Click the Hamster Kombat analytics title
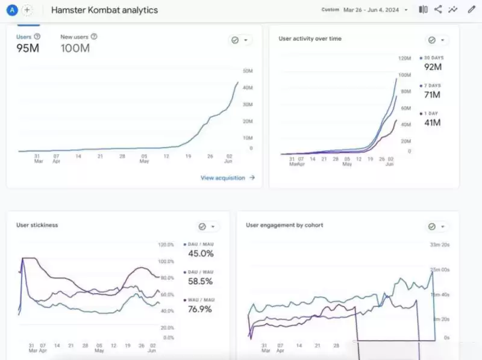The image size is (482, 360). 104,10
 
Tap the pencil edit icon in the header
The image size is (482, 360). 471,10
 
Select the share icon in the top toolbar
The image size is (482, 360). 438,10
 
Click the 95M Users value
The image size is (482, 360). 28,48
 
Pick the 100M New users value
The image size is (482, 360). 75,48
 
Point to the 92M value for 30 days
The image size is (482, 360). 433,67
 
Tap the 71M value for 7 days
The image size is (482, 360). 432,95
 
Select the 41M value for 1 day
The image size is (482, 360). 432,123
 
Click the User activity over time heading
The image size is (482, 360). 310,39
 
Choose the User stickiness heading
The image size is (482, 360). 37,225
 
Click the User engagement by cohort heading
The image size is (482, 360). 284,225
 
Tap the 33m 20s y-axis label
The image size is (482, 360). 439,244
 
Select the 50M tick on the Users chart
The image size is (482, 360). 247,72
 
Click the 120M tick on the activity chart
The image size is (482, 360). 405,58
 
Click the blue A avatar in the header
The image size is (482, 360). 11,10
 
